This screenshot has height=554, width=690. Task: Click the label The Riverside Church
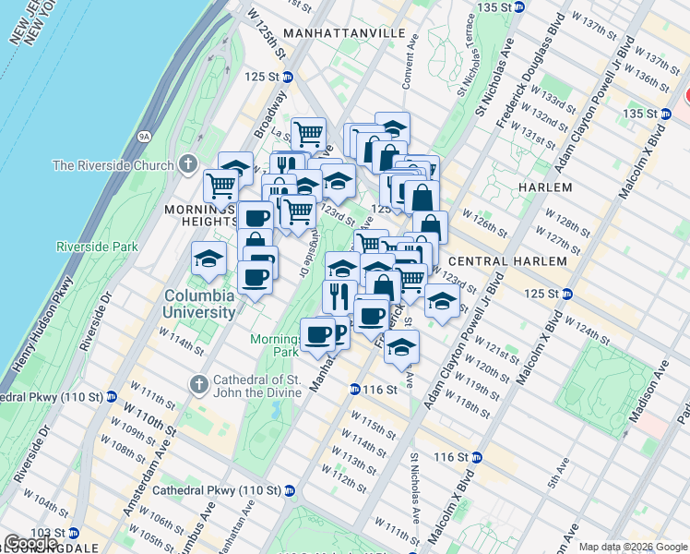tap(113, 165)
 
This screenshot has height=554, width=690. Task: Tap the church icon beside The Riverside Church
tap(188, 165)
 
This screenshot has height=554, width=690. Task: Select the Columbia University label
tap(200, 305)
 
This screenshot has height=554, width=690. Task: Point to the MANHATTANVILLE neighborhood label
tap(345, 32)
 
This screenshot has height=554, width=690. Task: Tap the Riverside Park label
tap(97, 247)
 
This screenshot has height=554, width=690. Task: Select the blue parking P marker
tap(338, 333)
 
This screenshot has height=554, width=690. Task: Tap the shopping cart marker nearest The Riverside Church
tap(221, 186)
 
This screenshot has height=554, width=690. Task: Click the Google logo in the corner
tap(31, 543)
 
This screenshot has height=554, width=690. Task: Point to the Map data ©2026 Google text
tap(632, 547)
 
